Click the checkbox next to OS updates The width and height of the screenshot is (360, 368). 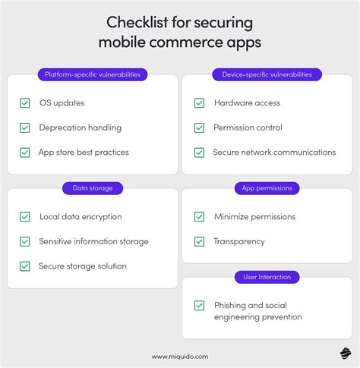pyautogui.click(x=24, y=102)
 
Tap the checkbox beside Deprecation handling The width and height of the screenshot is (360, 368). pyautogui.click(x=24, y=127)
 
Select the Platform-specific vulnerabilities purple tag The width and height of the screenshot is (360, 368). pyautogui.click(x=93, y=74)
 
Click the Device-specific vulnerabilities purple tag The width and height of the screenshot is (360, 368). pyautogui.click(x=267, y=74)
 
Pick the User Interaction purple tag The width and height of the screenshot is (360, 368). pyautogui.click(x=267, y=277)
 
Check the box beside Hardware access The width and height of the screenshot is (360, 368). pyautogui.click(x=199, y=102)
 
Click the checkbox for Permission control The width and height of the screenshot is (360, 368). pyautogui.click(x=199, y=127)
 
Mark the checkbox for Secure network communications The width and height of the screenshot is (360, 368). pyautogui.click(x=199, y=153)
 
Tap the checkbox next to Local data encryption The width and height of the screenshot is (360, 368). pyautogui.click(x=24, y=217)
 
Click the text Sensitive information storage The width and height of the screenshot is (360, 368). pyautogui.click(x=94, y=241)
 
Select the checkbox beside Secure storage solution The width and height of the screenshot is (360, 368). pyautogui.click(x=24, y=266)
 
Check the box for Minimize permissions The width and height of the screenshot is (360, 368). pyautogui.click(x=199, y=217)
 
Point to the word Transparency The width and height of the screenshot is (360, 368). pyautogui.click(x=239, y=241)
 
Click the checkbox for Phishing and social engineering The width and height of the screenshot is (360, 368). pyautogui.click(x=199, y=305)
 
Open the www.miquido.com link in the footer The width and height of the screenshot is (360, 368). pyautogui.click(x=180, y=356)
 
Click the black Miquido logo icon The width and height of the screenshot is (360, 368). pyautogui.click(x=346, y=354)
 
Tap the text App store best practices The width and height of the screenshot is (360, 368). pyautogui.click(x=84, y=153)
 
